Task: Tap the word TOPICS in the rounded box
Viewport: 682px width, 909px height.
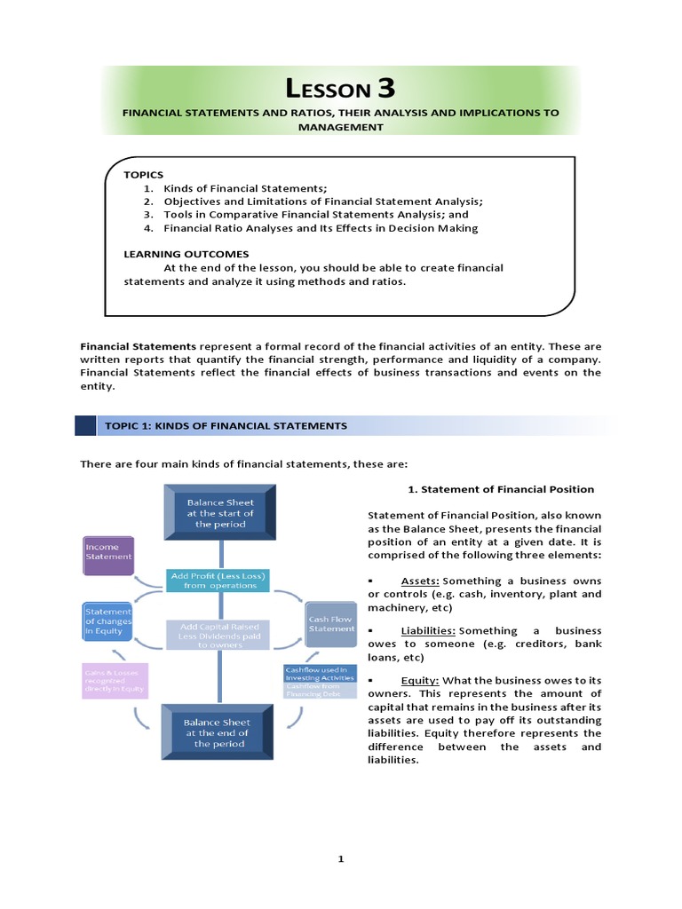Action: click(144, 175)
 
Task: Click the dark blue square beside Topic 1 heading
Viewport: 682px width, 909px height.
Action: click(86, 426)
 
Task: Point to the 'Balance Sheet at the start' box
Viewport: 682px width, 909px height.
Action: click(220, 513)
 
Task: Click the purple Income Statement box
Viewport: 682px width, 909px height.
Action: click(108, 557)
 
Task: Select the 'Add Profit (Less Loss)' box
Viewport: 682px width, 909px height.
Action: click(219, 581)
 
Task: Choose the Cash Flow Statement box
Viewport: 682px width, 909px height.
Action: click(331, 623)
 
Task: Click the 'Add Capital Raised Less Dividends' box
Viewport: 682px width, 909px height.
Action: click(218, 634)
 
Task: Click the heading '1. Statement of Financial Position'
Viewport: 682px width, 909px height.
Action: click(501, 489)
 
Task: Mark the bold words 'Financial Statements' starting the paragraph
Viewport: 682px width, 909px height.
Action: click(138, 346)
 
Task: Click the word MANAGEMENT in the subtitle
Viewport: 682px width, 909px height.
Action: click(341, 127)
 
